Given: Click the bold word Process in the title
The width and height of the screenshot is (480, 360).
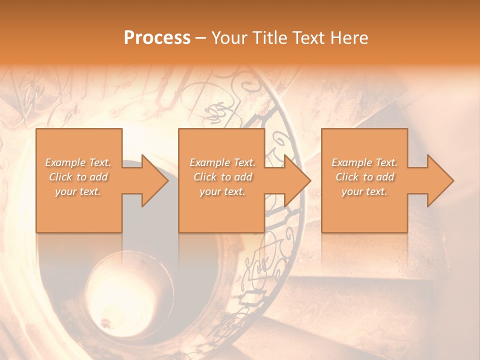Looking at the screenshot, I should point(157,38).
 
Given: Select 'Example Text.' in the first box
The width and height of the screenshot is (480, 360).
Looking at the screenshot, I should point(78,162).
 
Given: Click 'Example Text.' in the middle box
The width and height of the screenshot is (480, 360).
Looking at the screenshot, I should point(222,162).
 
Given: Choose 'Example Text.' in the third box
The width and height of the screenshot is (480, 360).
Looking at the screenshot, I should point(364,162).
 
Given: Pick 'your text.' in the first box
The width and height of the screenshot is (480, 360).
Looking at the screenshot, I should point(78,191).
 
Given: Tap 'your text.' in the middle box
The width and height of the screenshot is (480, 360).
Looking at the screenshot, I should point(222,191).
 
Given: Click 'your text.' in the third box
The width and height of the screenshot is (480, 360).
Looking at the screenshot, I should point(364,191).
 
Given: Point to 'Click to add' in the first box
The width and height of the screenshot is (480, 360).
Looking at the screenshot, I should point(78,177).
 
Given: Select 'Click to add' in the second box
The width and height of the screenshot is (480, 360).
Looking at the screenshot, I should point(222,177).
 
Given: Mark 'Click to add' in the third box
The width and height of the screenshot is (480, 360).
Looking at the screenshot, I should point(364,177).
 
